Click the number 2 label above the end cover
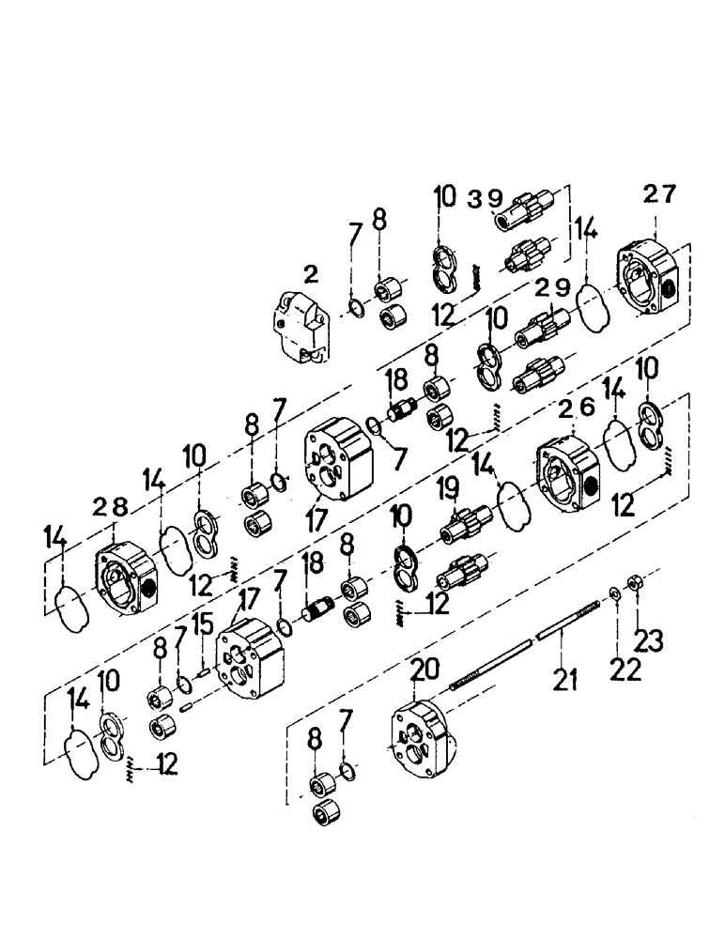(311, 274)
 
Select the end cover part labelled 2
(301, 326)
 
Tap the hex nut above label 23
(635, 581)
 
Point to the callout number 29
(549, 289)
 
